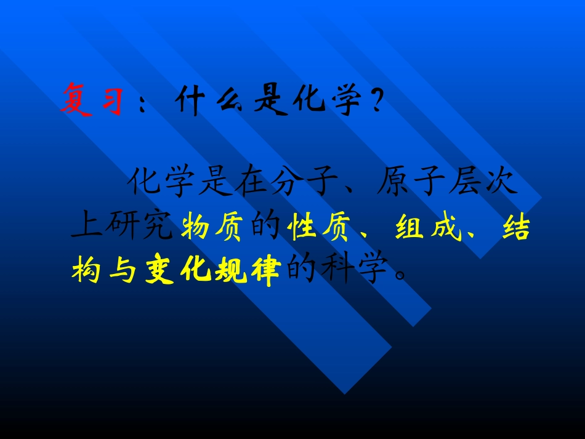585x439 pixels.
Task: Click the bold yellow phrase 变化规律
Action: pyautogui.click(x=212, y=271)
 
